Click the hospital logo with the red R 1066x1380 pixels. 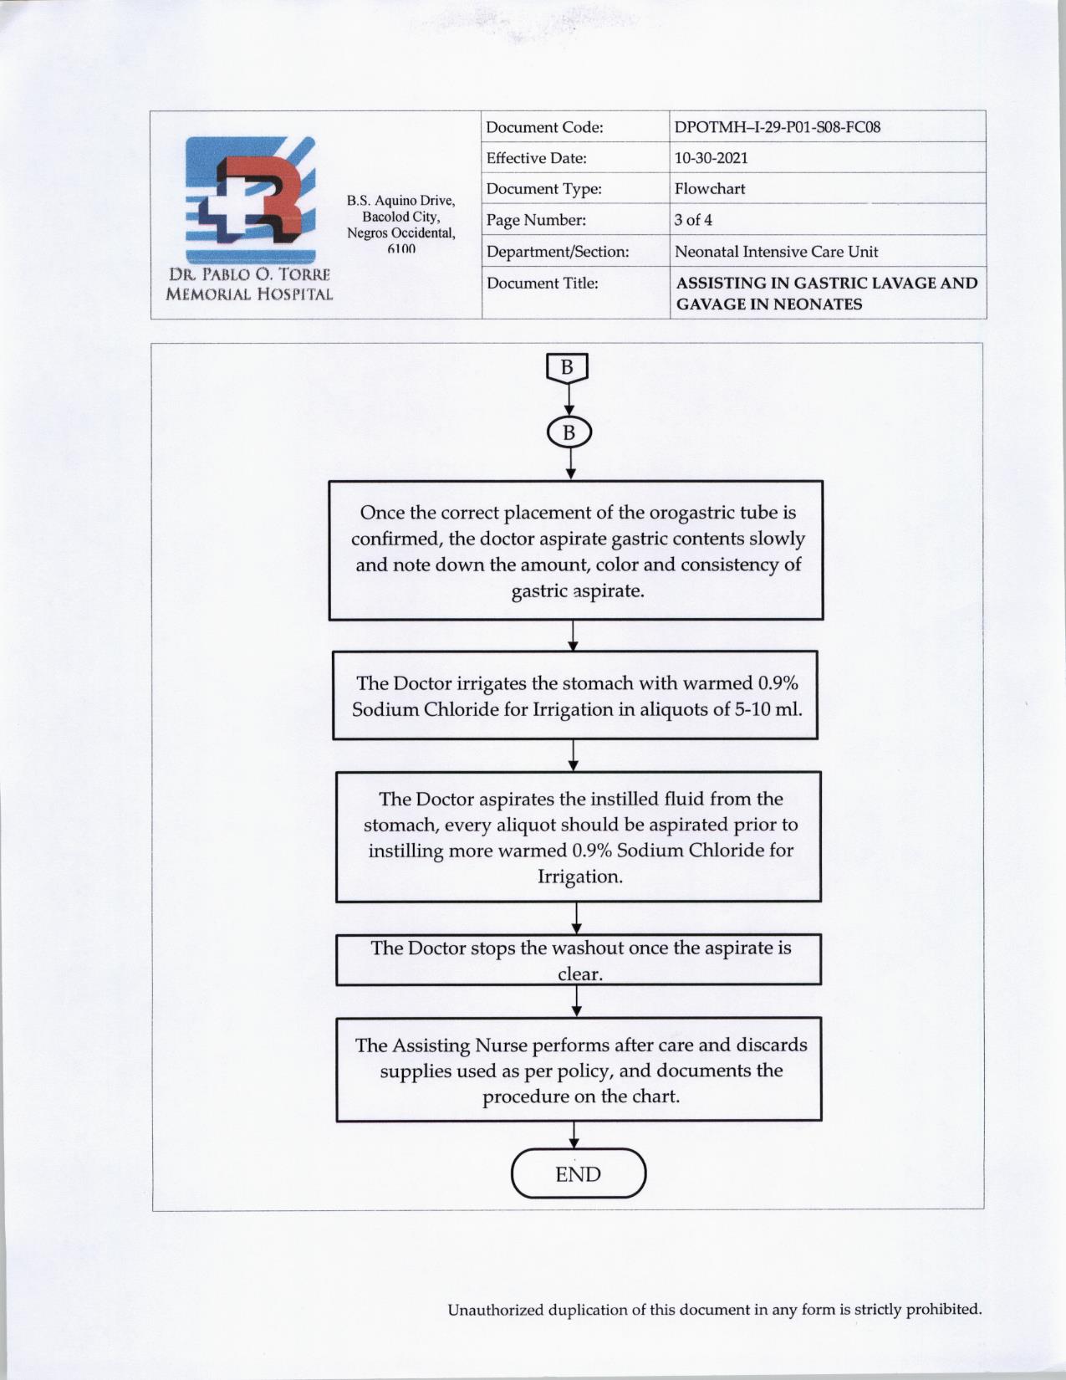(250, 200)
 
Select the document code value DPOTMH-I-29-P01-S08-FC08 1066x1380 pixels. (777, 127)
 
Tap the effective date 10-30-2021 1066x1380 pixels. (711, 158)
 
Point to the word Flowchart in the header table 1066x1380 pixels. (709, 189)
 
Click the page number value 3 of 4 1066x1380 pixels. (693, 220)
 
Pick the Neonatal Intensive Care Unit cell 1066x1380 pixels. (776, 252)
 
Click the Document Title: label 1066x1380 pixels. (542, 284)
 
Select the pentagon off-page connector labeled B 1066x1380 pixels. (567, 367)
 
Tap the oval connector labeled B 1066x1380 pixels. (569, 432)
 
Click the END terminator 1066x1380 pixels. (579, 1174)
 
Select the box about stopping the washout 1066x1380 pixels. (579, 960)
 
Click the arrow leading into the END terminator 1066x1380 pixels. (574, 1135)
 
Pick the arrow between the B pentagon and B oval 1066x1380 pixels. (569, 400)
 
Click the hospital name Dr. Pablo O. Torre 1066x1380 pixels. (249, 274)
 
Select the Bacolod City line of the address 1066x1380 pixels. (400, 217)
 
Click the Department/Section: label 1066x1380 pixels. (557, 252)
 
